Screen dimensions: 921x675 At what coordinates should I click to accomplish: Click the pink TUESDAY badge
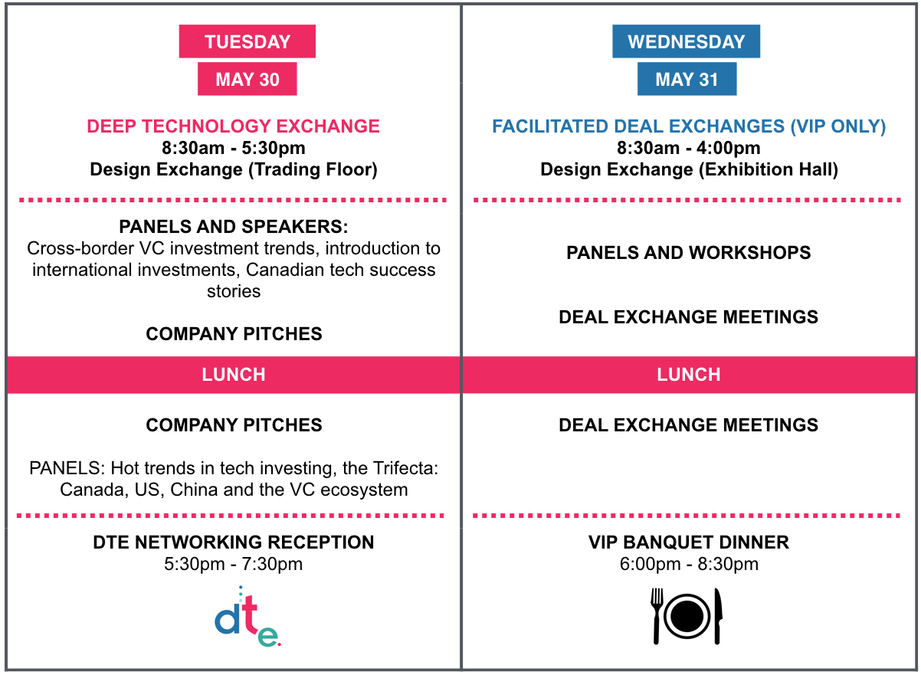[x=247, y=41]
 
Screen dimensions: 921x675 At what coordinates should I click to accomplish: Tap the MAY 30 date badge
[x=247, y=79]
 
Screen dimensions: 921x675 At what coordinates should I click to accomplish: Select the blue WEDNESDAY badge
[x=686, y=41]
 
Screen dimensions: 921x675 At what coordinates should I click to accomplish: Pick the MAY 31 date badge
[x=687, y=79]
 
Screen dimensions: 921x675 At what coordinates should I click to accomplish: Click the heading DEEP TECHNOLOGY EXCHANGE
[x=233, y=126]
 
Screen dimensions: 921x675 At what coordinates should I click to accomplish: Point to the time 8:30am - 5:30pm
[x=233, y=148]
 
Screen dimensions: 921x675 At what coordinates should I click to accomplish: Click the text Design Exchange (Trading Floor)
[x=234, y=170]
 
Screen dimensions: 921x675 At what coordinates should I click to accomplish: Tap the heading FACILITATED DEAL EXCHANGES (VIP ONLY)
[x=689, y=126]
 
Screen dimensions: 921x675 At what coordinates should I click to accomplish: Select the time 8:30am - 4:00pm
[x=688, y=148]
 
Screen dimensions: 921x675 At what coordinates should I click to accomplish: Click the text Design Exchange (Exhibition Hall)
[x=689, y=170]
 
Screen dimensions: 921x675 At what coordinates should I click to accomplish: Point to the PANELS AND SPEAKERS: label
[x=234, y=227]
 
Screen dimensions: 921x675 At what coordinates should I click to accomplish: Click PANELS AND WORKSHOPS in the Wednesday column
[x=688, y=252]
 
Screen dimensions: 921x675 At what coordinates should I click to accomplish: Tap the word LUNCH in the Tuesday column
[x=234, y=375]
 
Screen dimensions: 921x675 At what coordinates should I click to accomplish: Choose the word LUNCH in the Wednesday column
[x=688, y=375]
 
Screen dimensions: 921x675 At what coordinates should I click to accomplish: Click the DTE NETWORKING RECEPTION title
[x=234, y=542]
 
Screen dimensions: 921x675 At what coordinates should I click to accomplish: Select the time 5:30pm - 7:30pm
[x=233, y=564]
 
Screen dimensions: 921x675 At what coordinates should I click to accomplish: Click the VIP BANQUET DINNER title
[x=688, y=542]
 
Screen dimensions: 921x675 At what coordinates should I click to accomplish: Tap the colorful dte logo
[x=247, y=617]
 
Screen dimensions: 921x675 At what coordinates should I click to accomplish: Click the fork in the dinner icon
[x=657, y=616]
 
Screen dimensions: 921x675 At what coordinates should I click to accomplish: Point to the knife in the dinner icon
[x=718, y=616]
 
